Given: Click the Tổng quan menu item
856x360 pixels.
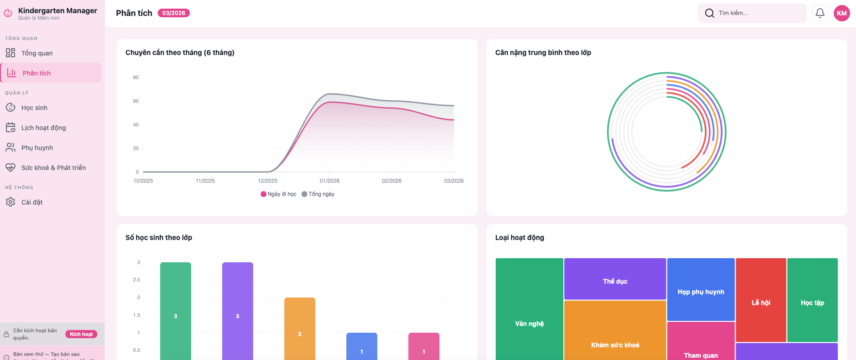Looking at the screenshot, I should (37, 53).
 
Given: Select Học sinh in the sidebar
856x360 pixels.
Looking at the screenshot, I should (34, 108).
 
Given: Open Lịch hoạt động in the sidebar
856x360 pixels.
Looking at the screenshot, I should (43, 128).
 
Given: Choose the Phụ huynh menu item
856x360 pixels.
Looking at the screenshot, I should (37, 148).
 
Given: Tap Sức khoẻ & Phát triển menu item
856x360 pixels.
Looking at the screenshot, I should (53, 168).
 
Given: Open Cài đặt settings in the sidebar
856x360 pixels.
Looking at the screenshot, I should (32, 202).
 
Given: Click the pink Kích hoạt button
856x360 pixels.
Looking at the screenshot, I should (81, 334).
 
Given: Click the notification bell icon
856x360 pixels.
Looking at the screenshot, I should (820, 13).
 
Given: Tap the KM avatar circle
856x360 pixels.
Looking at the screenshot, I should (841, 13).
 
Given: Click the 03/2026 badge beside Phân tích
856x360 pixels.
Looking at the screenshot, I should (174, 13).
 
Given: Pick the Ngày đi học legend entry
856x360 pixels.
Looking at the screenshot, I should (278, 194).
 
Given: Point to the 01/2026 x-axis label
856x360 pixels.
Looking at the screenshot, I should (329, 181).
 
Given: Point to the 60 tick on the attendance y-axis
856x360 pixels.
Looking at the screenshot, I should (136, 101).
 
